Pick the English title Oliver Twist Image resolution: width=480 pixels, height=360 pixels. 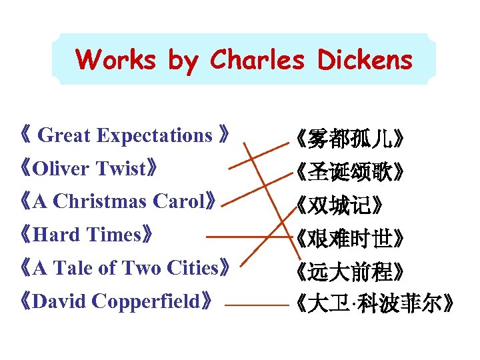click(89, 169)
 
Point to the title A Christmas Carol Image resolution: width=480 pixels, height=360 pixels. click(118, 201)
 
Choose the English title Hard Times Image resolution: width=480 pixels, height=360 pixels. click(87, 235)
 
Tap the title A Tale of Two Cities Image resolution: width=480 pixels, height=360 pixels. click(125, 268)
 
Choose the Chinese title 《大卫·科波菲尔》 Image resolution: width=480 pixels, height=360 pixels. click(375, 304)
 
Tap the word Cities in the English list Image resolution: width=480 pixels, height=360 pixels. click(199, 268)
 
